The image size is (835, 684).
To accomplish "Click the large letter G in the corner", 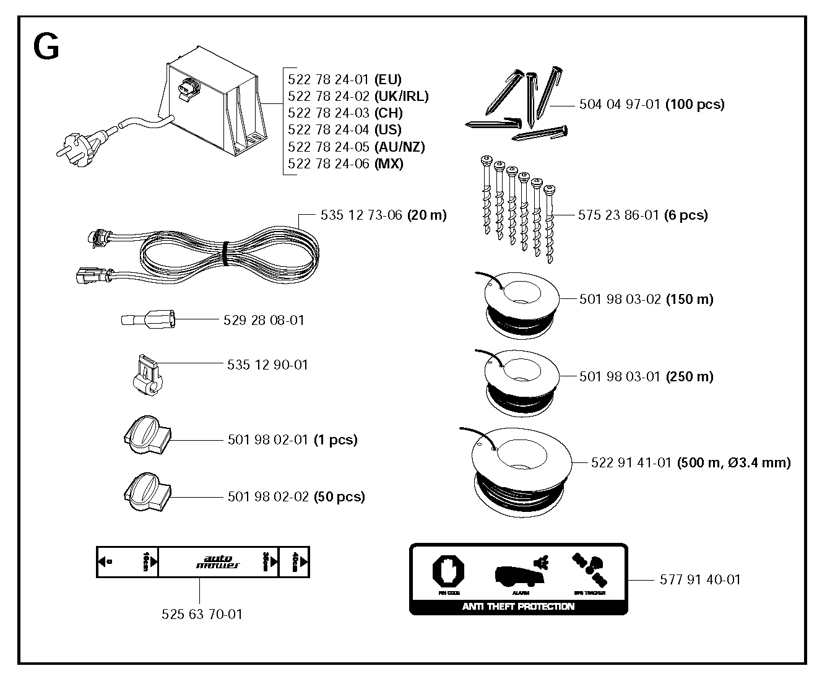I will pyautogui.click(x=46, y=46).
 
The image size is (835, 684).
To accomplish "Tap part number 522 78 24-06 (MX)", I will pyautogui.click(x=345, y=164).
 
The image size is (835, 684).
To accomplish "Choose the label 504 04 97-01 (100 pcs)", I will pyautogui.click(x=651, y=105).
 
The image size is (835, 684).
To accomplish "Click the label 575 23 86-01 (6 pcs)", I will pyautogui.click(x=642, y=215).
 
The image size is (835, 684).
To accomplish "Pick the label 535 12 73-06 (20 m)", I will pyautogui.click(x=383, y=215).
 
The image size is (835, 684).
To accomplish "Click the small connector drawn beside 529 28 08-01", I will pyautogui.click(x=149, y=321).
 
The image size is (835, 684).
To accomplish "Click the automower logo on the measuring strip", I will pyautogui.click(x=218, y=561).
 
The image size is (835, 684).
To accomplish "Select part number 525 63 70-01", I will pyautogui.click(x=202, y=615).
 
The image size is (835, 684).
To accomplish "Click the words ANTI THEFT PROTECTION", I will pyautogui.click(x=518, y=607).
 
